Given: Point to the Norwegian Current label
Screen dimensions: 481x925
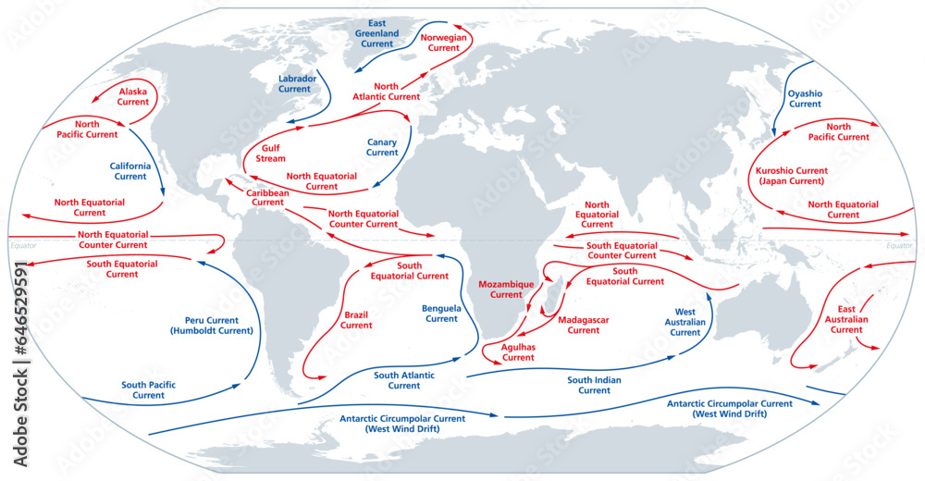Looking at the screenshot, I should click(440, 42).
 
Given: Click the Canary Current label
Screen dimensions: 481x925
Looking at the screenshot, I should click(382, 147).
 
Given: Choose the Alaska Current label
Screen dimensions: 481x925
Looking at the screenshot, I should click(133, 96).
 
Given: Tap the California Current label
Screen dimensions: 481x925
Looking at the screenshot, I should click(130, 170).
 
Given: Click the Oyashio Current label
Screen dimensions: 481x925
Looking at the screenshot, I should click(805, 98).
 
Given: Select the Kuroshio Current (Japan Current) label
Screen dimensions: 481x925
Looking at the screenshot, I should click(792, 176).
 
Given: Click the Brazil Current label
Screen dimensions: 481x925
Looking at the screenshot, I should click(356, 319).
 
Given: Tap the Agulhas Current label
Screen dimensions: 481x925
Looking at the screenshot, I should click(518, 351).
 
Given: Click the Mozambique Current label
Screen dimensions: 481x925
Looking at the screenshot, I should click(506, 289).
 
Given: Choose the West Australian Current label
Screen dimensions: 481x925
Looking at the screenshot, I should click(685, 322).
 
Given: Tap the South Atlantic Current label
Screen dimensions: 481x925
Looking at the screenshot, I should click(403, 380).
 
